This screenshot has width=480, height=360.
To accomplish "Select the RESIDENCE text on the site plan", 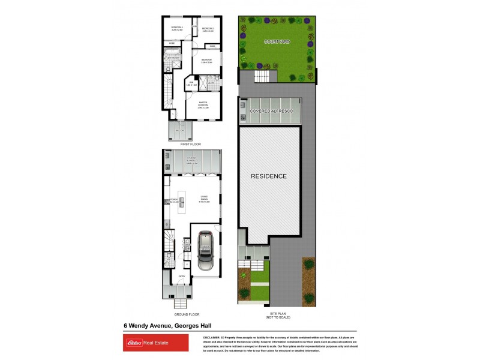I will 268,176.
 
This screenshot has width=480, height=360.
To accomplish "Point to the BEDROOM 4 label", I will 176,28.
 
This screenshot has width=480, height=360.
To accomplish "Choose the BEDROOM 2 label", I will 208,28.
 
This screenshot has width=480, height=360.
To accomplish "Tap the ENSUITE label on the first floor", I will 211,84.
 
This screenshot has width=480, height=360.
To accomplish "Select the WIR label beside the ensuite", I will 191,83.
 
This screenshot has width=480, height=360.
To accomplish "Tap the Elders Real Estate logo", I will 146,343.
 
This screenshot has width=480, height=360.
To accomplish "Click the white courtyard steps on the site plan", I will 262,76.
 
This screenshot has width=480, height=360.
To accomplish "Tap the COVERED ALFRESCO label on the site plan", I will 270,112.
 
